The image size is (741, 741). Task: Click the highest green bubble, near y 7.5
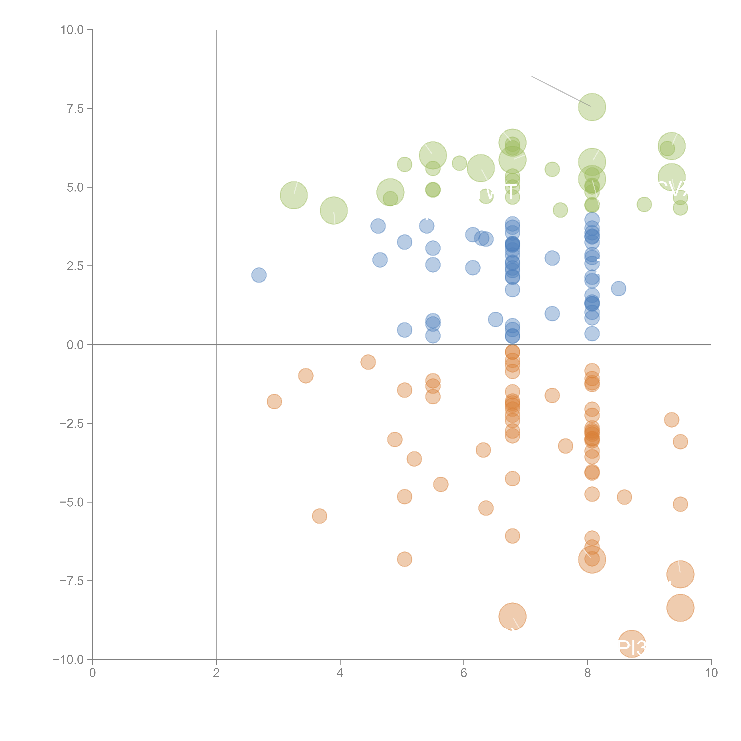pos(592,107)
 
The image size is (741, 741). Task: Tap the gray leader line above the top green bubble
pos(560,91)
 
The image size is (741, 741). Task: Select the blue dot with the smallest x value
pos(259,275)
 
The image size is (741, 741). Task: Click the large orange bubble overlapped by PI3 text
pos(632,644)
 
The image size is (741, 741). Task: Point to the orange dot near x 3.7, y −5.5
pos(320,516)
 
